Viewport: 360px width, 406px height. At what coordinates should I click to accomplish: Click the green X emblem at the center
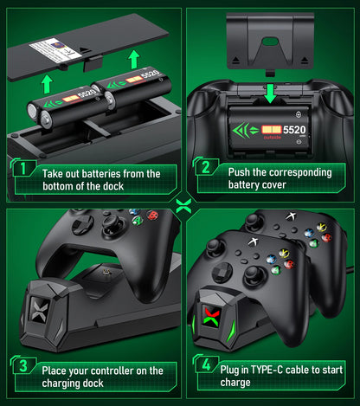(x=180, y=204)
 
